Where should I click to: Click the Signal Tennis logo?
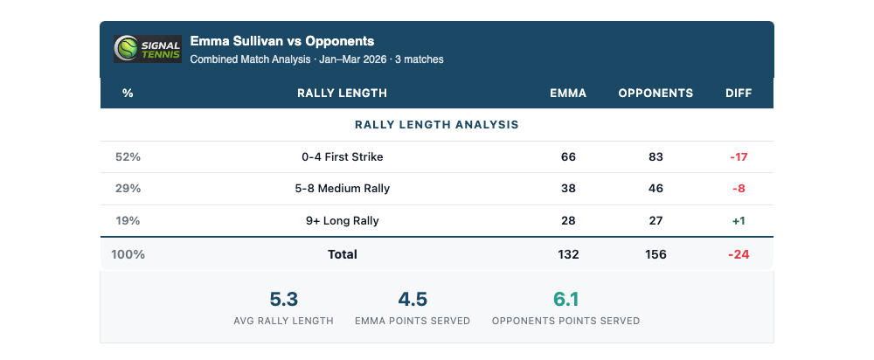pyautogui.click(x=148, y=49)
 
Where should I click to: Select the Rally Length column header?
pyautogui.click(x=342, y=93)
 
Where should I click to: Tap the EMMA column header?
pyautogui.click(x=568, y=93)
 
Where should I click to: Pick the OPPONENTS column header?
pyautogui.click(x=655, y=93)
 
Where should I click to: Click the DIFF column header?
pyautogui.click(x=739, y=93)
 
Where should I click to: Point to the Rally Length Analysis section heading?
pyautogui.click(x=437, y=125)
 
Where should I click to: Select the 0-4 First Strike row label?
pyautogui.click(x=343, y=157)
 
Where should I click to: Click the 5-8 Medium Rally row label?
pyautogui.click(x=343, y=189)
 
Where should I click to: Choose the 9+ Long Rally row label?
pyautogui.click(x=343, y=221)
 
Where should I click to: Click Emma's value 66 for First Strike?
pyautogui.click(x=568, y=157)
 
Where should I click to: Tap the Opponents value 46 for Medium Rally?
pyautogui.click(x=655, y=189)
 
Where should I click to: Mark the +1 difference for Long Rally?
pyautogui.click(x=739, y=221)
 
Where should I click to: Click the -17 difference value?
pyautogui.click(x=739, y=157)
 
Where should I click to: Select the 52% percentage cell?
pyautogui.click(x=128, y=157)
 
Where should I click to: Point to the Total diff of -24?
pyautogui.click(x=739, y=254)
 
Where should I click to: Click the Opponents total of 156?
pyautogui.click(x=655, y=254)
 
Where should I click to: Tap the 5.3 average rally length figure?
pyautogui.click(x=283, y=300)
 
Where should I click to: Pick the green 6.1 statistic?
pyautogui.click(x=566, y=300)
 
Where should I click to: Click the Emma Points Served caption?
pyautogui.click(x=413, y=321)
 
